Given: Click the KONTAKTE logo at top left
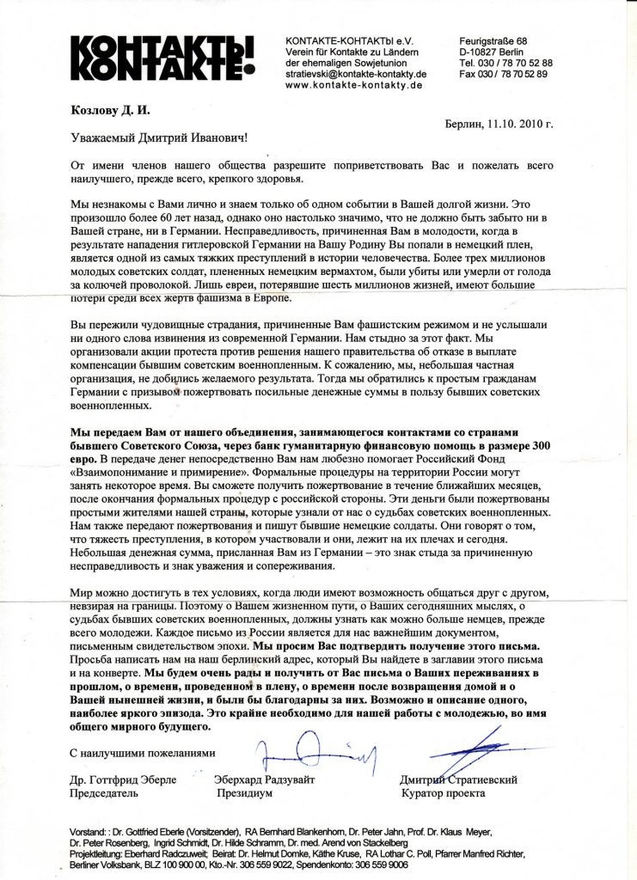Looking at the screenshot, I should click(x=162, y=58).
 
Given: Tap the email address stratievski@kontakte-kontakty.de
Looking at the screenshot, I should click(x=356, y=74).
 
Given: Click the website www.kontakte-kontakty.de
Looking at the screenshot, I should click(x=353, y=85).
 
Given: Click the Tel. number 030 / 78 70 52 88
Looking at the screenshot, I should click(x=505, y=64).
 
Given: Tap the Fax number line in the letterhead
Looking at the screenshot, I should click(x=505, y=74).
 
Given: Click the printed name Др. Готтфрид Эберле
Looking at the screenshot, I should click(x=122, y=779).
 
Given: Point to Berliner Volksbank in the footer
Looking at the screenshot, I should click(x=108, y=865).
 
